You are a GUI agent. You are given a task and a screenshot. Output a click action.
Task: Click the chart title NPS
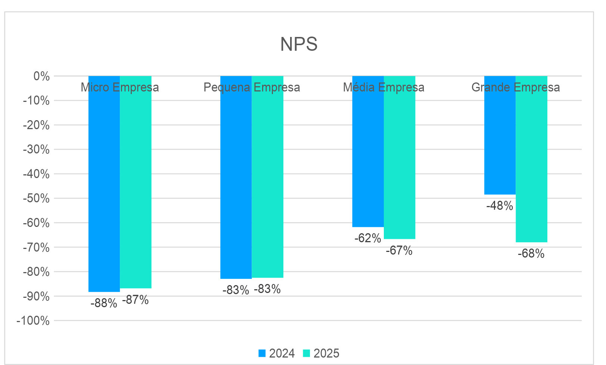coord(299,44)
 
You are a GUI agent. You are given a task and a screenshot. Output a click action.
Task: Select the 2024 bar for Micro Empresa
coord(104,187)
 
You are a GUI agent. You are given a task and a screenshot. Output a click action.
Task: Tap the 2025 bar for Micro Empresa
coord(136,187)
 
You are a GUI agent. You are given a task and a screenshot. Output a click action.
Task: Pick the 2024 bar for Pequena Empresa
coord(236,179)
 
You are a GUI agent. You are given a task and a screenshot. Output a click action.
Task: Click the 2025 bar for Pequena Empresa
coord(267,179)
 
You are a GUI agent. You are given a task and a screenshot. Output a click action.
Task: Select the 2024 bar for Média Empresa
coord(368,157)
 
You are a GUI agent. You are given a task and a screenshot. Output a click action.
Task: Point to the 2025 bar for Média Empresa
coord(400,160)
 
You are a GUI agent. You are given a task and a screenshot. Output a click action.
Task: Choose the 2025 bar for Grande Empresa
coord(531,164)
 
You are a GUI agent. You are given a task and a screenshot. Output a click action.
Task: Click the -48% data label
coord(500,206)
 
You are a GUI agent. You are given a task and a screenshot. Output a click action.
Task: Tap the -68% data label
coord(531,254)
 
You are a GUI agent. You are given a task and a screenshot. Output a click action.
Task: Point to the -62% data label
coord(368,238)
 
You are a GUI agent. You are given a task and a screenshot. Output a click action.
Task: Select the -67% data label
coord(399,250)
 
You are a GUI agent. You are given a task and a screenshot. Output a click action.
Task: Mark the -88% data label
coord(104,303)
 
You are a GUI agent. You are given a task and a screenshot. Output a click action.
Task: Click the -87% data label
coord(136,300)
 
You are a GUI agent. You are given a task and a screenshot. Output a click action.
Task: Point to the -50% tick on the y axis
coord(36,199)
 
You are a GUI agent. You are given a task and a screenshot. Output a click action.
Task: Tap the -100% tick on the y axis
coord(33,321)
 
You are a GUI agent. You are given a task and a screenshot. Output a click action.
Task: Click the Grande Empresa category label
coord(516,87)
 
